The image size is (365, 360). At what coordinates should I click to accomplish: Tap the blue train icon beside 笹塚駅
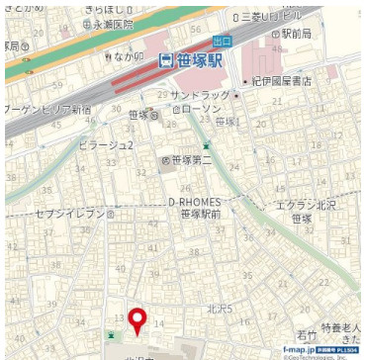(x=167, y=59)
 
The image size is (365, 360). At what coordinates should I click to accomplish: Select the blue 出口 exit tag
(x=222, y=41)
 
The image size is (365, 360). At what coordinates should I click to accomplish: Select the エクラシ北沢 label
(x=308, y=204)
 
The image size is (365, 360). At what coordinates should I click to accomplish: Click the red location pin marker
(x=138, y=319)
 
